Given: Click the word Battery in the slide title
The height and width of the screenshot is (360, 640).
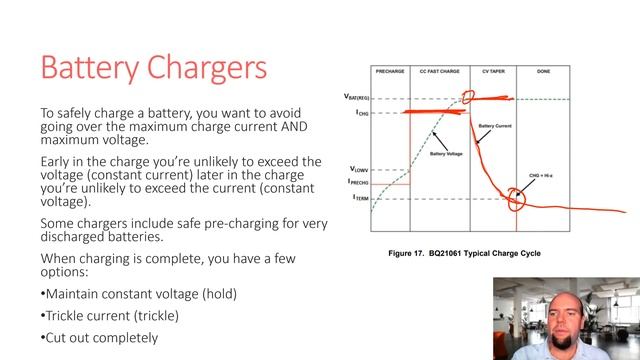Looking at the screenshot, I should [95, 68].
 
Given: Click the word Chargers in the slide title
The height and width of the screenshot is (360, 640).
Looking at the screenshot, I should [210, 68].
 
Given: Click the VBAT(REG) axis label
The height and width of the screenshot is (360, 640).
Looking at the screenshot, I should [355, 98].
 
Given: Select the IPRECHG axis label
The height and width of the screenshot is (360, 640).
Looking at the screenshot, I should [357, 182].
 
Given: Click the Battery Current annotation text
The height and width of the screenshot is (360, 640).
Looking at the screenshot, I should [497, 126].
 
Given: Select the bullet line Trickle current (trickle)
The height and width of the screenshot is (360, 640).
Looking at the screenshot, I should [111, 315].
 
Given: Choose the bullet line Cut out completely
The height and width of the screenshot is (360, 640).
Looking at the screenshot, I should [99, 337].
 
